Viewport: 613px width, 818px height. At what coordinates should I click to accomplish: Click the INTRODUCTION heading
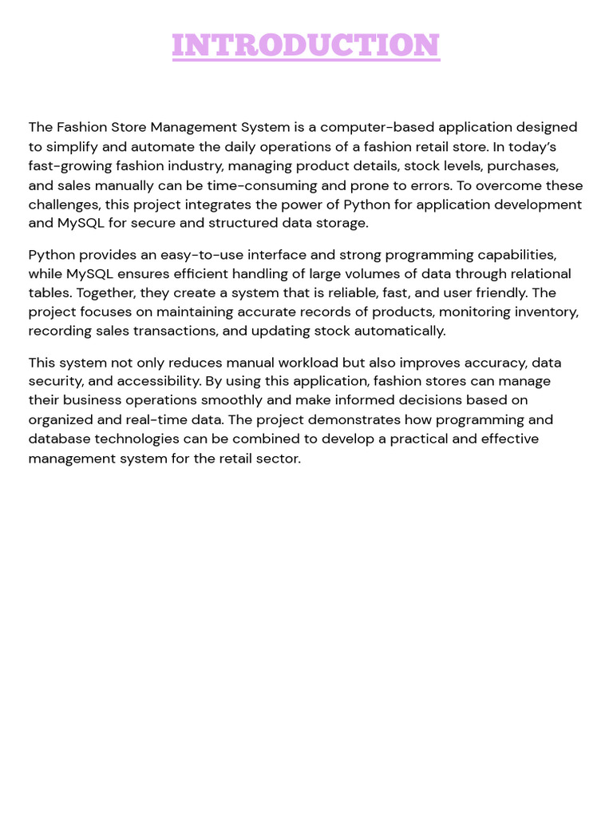click(x=306, y=46)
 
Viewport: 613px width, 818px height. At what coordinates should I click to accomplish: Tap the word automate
click(x=133, y=146)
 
